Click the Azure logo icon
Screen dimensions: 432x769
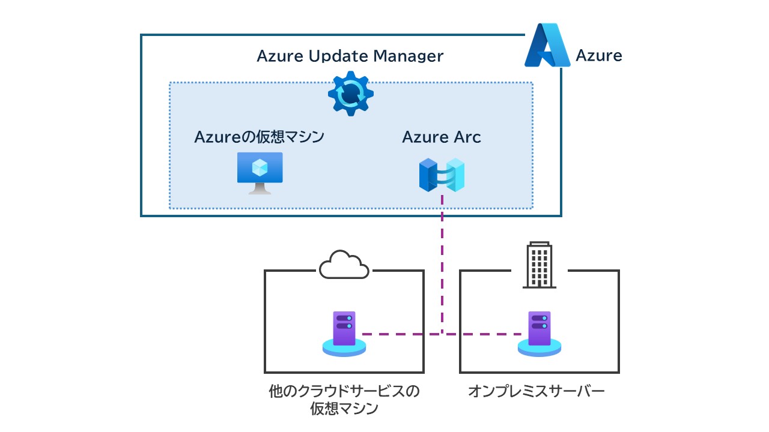pyautogui.click(x=547, y=45)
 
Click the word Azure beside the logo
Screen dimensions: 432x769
pyautogui.click(x=598, y=56)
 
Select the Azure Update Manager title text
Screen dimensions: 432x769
pyautogui.click(x=350, y=56)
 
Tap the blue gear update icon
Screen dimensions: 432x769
pyautogui.click(x=351, y=94)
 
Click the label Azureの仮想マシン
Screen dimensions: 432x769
pyautogui.click(x=259, y=137)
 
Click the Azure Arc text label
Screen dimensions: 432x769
pyautogui.click(x=442, y=137)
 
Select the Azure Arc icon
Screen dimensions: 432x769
pyautogui.click(x=442, y=175)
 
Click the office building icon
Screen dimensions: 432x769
pyautogui.click(x=539, y=265)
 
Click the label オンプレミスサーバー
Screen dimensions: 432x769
pyautogui.click(x=536, y=392)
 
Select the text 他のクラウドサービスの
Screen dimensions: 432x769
pyautogui.click(x=344, y=392)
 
